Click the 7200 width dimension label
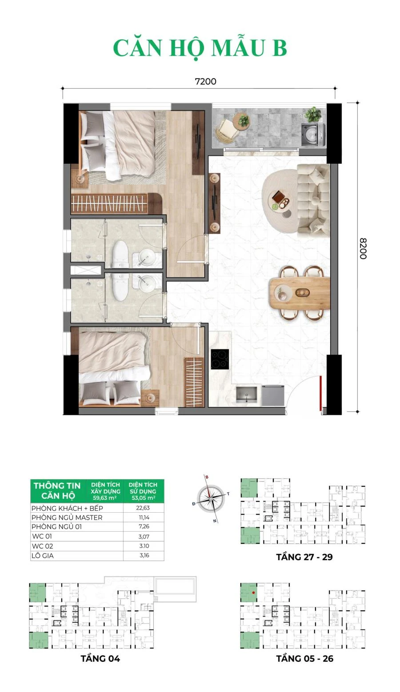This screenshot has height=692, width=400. pyautogui.click(x=205, y=82)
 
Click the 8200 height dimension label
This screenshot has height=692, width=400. pyautogui.click(x=363, y=249)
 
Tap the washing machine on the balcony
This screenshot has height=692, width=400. pyautogui.click(x=313, y=134)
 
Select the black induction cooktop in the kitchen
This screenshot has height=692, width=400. pyautogui.click(x=220, y=359)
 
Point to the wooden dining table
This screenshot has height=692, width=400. pyautogui.click(x=300, y=292)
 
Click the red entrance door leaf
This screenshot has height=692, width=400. pyautogui.click(x=321, y=393)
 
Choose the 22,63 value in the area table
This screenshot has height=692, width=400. pyautogui.click(x=143, y=508)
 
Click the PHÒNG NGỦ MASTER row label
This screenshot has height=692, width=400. pyautogui.click(x=67, y=518)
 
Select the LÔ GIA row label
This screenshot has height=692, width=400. pyautogui.click(x=43, y=556)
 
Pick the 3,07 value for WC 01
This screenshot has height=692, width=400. pyautogui.click(x=144, y=537)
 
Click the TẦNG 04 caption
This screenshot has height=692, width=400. pyautogui.click(x=100, y=659)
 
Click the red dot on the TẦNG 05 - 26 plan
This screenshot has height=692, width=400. pyautogui.click(x=253, y=593)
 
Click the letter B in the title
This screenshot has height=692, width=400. pyautogui.click(x=280, y=48)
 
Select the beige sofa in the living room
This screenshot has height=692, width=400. pyautogui.click(x=314, y=199)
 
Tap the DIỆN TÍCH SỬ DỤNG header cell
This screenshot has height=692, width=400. pyautogui.click(x=143, y=491)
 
